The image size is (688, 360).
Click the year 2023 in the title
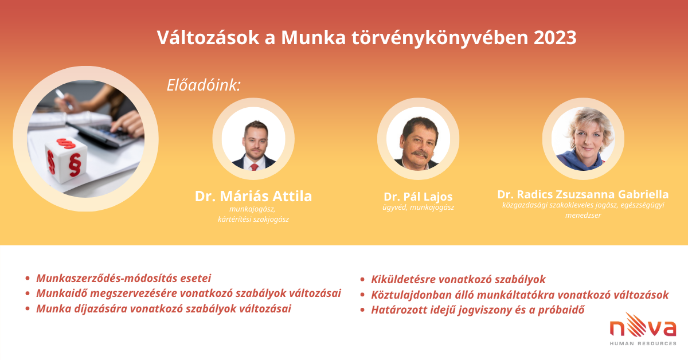pos(555,38)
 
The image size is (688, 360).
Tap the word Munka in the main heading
pos(313,38)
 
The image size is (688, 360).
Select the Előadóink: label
pos(204,85)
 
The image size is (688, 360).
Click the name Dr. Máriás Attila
pos(253,196)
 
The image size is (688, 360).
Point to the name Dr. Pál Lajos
pos(418,197)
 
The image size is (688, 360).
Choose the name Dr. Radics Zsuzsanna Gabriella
pos(583,194)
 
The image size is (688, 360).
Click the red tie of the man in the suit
pos(254,167)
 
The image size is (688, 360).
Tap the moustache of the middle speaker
pos(420,154)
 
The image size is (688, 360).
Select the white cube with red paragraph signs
pos(66,159)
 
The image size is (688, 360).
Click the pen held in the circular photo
pos(64,99)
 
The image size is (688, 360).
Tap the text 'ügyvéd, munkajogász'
pos(418,208)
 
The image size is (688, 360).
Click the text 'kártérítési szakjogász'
pos(253,220)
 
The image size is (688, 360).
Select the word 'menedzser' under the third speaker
pos(583,216)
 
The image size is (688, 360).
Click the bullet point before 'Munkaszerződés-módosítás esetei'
pos(28,278)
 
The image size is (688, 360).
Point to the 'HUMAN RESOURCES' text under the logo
pos(643,343)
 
